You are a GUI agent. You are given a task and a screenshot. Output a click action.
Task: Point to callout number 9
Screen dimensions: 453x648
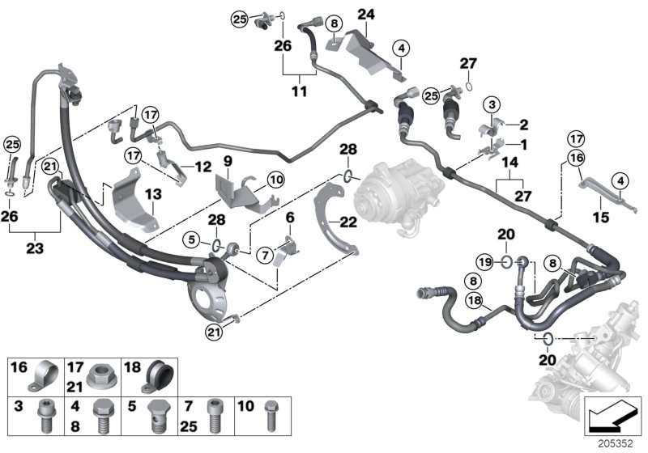click(x=228, y=160)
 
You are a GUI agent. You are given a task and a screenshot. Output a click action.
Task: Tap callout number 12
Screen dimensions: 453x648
click(x=202, y=167)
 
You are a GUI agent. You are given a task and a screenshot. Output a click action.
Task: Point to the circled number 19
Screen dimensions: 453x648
click(x=482, y=261)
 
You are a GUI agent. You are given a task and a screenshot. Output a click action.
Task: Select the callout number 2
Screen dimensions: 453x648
click(x=523, y=125)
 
